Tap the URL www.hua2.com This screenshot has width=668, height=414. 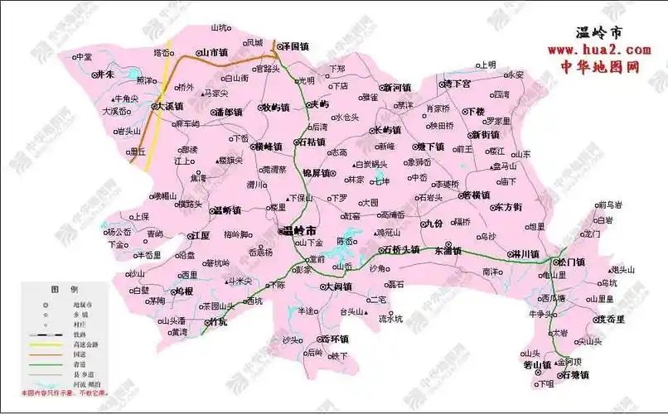pos(598,51)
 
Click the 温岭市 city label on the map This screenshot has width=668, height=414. pos(298,230)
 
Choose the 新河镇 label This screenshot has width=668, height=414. pos(396,87)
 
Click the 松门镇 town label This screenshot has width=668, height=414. pos(571,262)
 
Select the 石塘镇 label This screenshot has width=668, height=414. pos(571,375)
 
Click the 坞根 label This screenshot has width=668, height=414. pos(183,291)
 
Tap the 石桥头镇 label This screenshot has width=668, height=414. pos(401,249)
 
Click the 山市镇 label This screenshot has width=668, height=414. pos(213,52)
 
